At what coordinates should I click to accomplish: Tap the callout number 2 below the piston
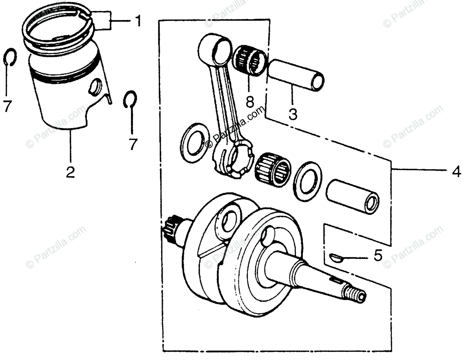(x=70, y=171)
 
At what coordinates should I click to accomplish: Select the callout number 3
(x=293, y=114)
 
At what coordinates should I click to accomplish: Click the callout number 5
(x=377, y=256)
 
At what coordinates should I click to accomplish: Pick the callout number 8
(x=250, y=102)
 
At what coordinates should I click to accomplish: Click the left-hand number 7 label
(x=7, y=106)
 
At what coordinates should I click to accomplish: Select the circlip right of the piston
(x=130, y=99)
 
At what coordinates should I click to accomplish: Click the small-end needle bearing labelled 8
(x=251, y=60)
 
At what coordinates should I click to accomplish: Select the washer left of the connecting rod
(x=193, y=141)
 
